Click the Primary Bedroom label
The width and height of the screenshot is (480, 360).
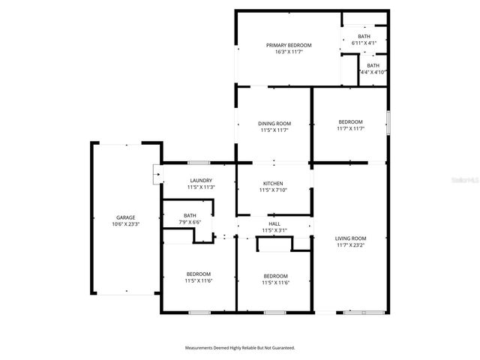289,45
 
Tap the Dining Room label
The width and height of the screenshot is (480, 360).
274,123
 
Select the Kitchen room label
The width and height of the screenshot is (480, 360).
273,184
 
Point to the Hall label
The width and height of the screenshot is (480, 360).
275,223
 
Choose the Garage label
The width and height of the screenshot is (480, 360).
125,217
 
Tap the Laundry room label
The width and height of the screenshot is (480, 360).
201,180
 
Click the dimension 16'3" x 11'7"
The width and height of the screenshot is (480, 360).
289,52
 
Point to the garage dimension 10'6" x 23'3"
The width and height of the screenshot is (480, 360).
125,224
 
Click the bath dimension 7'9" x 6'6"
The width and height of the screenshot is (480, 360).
190,222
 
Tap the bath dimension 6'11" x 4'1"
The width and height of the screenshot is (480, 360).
364,43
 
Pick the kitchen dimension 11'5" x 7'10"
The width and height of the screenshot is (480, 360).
273,190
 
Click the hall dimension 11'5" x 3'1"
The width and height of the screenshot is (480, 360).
275,230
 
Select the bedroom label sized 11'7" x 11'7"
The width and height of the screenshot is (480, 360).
350,121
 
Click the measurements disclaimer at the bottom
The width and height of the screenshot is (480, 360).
240,348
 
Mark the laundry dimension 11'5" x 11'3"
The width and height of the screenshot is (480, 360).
201,187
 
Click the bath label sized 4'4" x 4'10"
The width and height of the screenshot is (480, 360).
373,65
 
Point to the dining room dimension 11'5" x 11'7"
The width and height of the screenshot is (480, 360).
274,130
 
